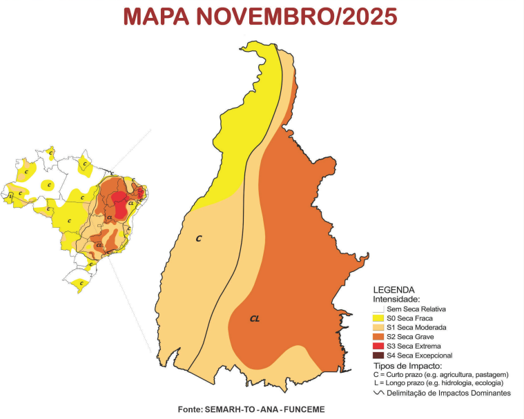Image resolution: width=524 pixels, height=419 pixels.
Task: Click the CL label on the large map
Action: pos(255,319)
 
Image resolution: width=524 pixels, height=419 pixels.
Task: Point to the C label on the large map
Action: pos(198,238)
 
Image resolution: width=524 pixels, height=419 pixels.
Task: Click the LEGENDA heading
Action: pos(394,290)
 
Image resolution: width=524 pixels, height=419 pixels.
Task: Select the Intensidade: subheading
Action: pos(396,300)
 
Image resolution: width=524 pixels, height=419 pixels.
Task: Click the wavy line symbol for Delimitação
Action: pos(378,392)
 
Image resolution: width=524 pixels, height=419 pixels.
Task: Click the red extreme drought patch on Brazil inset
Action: pos(122,205)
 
